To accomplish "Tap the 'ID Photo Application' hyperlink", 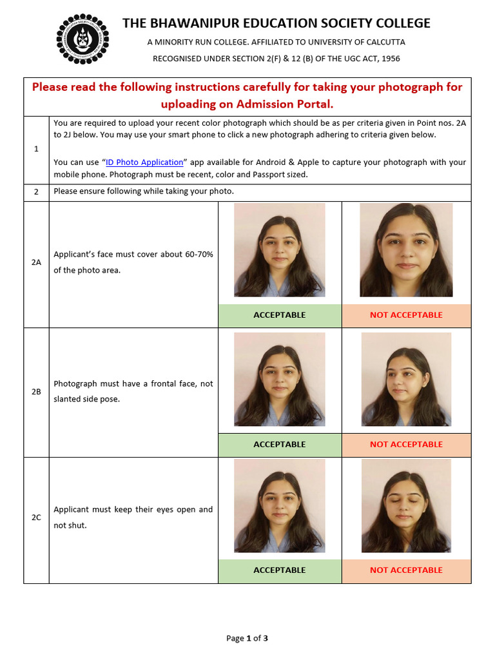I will point(144,162).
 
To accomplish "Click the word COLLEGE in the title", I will point(398,23).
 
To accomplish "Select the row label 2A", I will point(36,263).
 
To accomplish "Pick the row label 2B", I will point(36,391).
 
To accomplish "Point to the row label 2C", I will point(36,518).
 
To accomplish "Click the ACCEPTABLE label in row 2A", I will point(280,315).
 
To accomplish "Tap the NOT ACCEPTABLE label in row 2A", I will point(406,315).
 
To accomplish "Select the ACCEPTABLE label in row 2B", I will point(280,444).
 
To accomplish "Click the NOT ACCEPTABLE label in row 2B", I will point(406,444).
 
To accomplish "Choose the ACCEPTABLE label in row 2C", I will point(280,570).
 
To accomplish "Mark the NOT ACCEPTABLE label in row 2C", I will point(406,570).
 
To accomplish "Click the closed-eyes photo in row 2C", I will point(406,506).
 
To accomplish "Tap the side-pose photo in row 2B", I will point(406,380).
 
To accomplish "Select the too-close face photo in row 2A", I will point(406,250).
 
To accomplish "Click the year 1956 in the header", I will point(389,59).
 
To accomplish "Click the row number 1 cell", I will point(36,149).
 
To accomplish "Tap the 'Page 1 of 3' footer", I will point(247,639).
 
